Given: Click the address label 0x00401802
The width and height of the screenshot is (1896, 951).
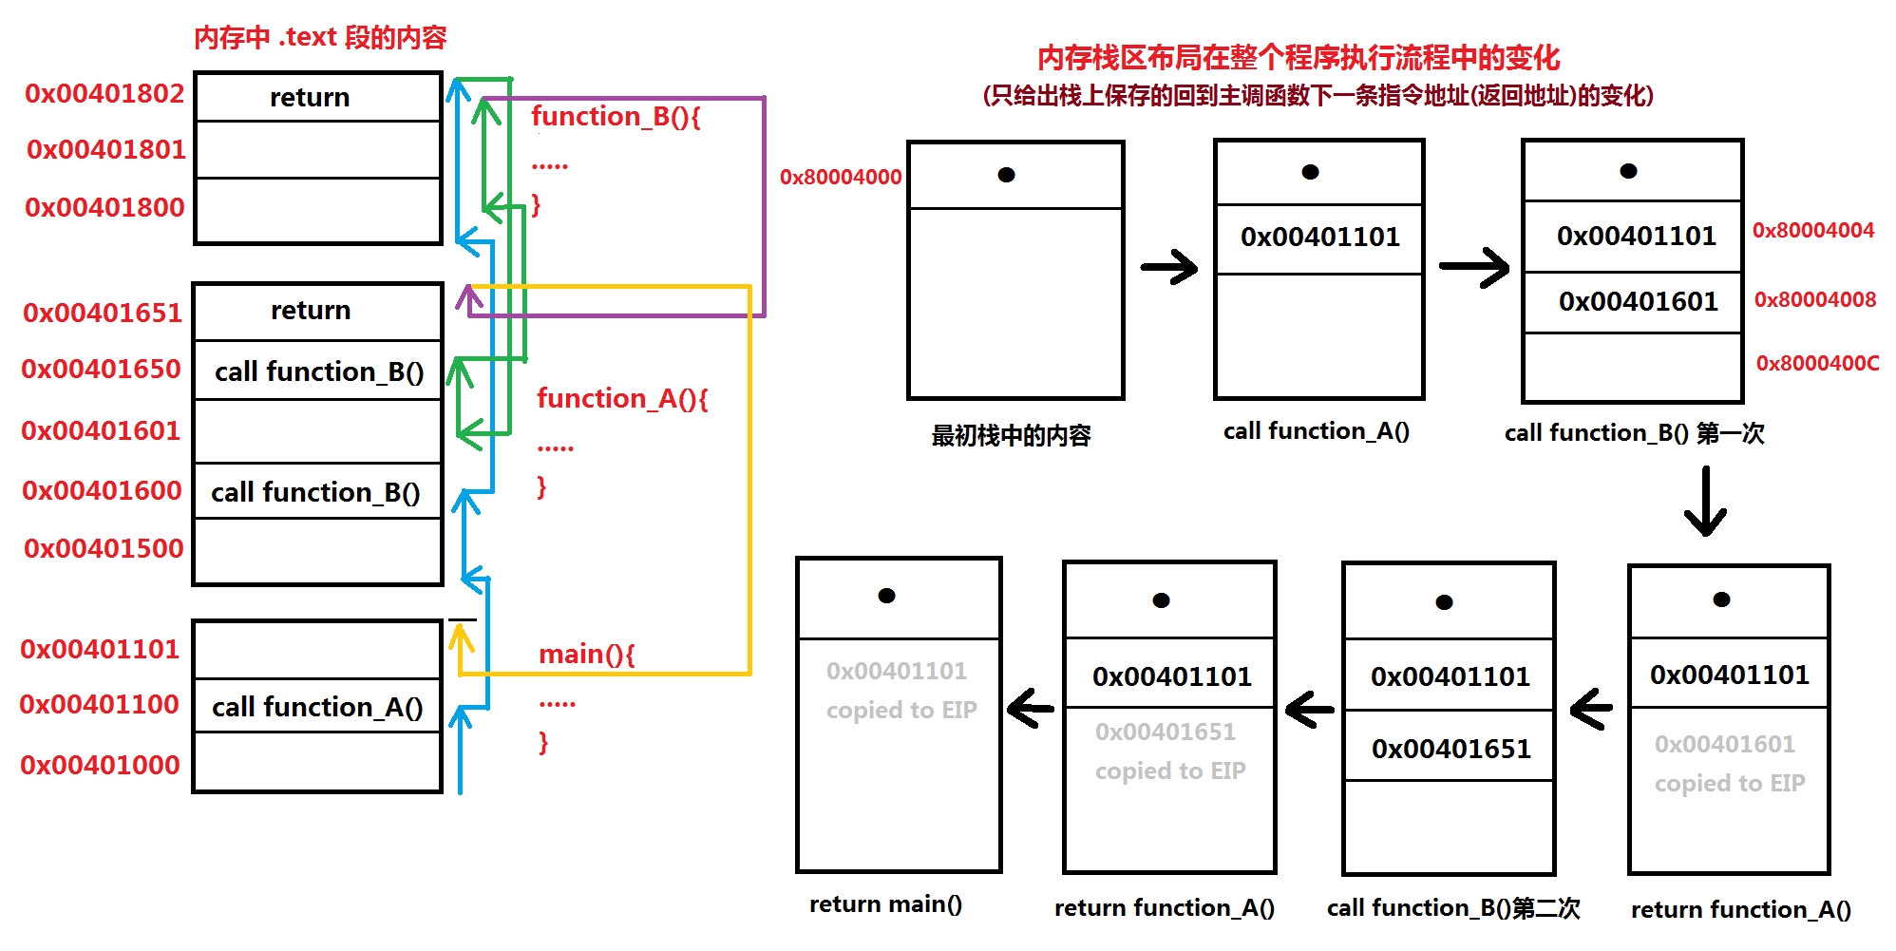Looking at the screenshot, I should [x=104, y=93].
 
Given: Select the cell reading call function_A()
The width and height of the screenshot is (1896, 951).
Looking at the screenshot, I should [x=317, y=707].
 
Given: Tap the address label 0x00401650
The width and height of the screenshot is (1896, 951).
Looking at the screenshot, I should [x=101, y=369].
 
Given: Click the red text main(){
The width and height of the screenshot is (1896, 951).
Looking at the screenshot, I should [x=586, y=654].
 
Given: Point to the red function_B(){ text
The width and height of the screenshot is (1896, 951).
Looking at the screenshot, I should [x=616, y=116].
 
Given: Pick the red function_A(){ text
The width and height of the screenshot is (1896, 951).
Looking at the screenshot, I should [x=622, y=398].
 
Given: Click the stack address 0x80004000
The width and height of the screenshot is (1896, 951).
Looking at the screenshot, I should [x=841, y=177].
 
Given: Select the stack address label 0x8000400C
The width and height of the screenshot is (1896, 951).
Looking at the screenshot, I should [x=1817, y=363].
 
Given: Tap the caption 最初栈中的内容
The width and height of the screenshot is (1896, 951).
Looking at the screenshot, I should [x=1011, y=435].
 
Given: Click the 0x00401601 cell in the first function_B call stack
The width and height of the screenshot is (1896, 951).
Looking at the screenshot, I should [x=1638, y=301].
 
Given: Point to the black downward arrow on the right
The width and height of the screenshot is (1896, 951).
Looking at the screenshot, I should [x=1705, y=501].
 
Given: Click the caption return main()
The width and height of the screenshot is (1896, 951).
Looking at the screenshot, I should [x=885, y=903].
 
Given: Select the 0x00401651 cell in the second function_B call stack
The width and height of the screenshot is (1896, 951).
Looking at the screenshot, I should [x=1450, y=749].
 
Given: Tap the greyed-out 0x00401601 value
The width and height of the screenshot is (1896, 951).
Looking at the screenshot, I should [x=1724, y=744].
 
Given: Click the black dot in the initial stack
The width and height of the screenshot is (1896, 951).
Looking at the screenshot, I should [x=1007, y=175].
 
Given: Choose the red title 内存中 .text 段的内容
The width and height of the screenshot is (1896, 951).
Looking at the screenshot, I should [x=320, y=37].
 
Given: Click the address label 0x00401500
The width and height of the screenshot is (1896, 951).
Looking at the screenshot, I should [x=104, y=548].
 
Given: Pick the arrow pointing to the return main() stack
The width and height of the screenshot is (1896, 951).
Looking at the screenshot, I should [x=1030, y=708].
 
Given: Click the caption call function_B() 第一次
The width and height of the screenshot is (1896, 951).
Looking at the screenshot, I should [x=1634, y=433].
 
